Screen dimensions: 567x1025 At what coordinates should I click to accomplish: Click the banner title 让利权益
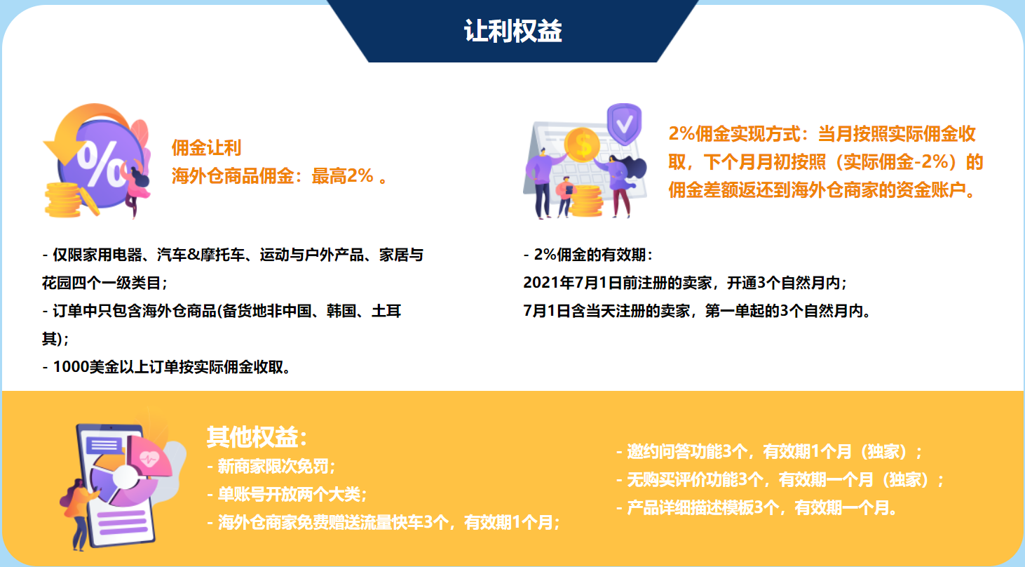click(512, 32)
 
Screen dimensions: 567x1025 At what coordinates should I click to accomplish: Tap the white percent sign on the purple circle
click(101, 164)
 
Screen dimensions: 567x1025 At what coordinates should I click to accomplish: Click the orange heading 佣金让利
click(206, 147)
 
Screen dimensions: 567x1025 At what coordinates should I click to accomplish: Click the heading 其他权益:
click(257, 437)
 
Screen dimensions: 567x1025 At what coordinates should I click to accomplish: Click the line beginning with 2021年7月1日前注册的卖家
click(685, 283)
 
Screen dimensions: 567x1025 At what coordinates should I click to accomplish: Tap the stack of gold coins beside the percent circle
click(63, 200)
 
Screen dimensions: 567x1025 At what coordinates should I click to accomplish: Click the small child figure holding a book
click(566, 196)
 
